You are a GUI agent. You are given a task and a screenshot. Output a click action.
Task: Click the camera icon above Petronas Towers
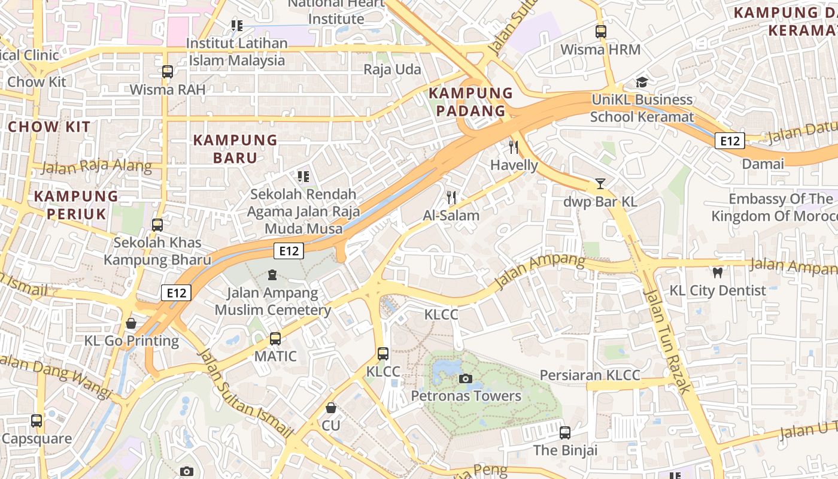[x=465, y=378]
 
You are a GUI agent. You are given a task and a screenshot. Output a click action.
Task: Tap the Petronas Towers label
[x=466, y=396]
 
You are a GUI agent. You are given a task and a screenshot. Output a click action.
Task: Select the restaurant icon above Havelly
[x=513, y=147]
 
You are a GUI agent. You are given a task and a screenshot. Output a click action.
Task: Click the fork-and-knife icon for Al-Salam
[x=451, y=198]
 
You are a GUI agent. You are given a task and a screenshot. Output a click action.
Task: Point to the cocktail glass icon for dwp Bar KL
[x=600, y=184]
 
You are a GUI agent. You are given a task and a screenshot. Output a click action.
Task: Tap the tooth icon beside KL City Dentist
[x=717, y=273]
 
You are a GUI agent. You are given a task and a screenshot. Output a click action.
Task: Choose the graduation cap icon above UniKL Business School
[x=642, y=82]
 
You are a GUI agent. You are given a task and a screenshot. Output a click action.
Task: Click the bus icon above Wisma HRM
[x=600, y=32]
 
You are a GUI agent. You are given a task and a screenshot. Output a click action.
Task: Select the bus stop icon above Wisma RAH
[x=168, y=72]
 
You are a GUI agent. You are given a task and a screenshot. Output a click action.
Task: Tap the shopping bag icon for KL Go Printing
[x=131, y=324]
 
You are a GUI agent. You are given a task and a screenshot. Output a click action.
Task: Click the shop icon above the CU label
[x=330, y=408]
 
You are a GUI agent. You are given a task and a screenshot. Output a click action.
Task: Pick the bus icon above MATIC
[x=275, y=339]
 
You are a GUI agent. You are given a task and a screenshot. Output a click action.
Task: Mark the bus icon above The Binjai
[x=564, y=433]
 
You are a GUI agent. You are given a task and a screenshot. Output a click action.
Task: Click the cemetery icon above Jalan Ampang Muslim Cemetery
[x=272, y=275]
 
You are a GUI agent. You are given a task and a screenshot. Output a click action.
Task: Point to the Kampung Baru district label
[x=235, y=149]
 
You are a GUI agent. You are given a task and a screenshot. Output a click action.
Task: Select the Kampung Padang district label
[x=471, y=102]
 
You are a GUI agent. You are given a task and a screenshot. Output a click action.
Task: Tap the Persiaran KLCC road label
[x=590, y=375]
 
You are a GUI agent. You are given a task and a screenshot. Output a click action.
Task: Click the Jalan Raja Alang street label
[x=96, y=167]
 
